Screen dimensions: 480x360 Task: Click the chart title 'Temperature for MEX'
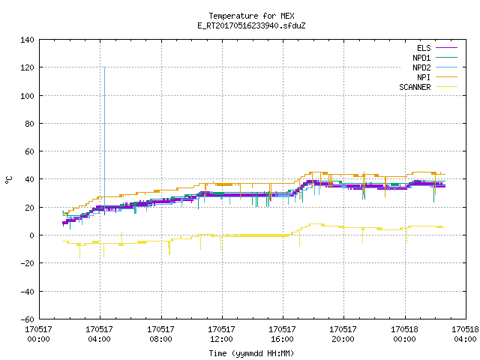pyautogui.click(x=251, y=16)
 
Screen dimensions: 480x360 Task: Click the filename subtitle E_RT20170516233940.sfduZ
pyautogui.click(x=251, y=25)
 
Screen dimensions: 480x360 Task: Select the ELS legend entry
pyautogui.click(x=437, y=48)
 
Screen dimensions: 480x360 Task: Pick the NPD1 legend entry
pyautogui.click(x=435, y=58)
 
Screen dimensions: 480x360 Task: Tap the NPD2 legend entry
pyautogui.click(x=435, y=67)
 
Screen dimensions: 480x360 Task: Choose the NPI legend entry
pyautogui.click(x=437, y=77)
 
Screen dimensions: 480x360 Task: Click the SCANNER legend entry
pyautogui.click(x=428, y=87)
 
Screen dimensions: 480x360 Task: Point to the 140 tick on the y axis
pyautogui.click(x=27, y=40)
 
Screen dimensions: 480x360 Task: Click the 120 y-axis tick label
pyautogui.click(x=27, y=67)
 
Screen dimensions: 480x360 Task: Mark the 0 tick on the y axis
pyautogui.click(x=31, y=235)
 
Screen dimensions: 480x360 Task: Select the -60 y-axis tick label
pyautogui.click(x=27, y=319)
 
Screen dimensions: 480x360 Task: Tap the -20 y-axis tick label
pyautogui.click(x=27, y=263)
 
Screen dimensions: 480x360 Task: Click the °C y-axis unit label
pyautogui.click(x=9, y=180)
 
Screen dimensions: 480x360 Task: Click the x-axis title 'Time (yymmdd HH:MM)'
pyautogui.click(x=251, y=353)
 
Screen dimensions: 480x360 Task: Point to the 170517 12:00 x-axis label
pyautogui.click(x=222, y=334)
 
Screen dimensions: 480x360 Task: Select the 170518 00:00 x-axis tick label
pyautogui.click(x=404, y=334)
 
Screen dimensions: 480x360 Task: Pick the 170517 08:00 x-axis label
pyautogui.click(x=160, y=334)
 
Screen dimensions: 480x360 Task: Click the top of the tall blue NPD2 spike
pyautogui.click(x=105, y=67)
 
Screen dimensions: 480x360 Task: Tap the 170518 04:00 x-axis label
pyautogui.click(x=465, y=334)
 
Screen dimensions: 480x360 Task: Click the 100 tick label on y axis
pyautogui.click(x=27, y=96)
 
